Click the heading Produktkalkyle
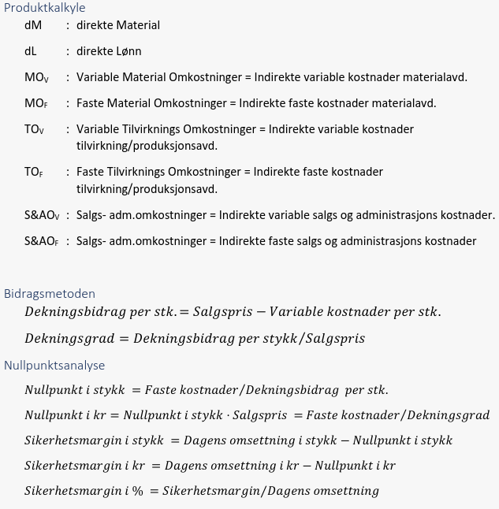pos(44,8)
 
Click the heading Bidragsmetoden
pos(50,293)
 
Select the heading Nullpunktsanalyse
pos(54,365)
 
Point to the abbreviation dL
pos(31,51)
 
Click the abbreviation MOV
pos(36,77)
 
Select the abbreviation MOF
pos(36,103)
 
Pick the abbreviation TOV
pos(34,129)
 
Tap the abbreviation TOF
pos(34,172)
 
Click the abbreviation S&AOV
pos(42,215)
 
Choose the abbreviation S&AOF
pos(42,241)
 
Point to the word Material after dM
pos(138,25)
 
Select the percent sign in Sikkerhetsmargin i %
pos(139,491)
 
